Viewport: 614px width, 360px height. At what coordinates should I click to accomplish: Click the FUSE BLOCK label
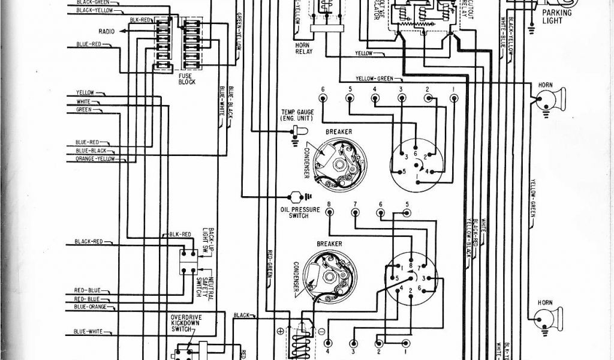[186, 79]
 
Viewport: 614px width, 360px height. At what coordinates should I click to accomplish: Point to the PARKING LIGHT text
[557, 16]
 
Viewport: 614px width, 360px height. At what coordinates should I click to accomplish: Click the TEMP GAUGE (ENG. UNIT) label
[293, 115]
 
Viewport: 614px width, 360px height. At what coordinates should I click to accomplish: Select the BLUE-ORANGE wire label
[91, 307]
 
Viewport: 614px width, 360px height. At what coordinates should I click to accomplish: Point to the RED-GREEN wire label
[270, 264]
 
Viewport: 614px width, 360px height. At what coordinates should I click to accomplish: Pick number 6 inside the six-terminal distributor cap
[415, 154]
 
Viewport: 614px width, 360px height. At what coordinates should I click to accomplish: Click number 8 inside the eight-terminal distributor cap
[410, 265]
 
